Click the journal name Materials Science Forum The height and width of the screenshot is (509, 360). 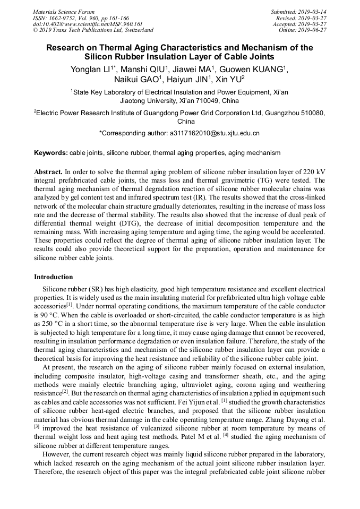64,12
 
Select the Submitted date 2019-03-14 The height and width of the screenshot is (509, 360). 313,12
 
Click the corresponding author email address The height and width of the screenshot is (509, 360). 215,133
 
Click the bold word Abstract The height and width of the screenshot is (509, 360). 48,172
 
